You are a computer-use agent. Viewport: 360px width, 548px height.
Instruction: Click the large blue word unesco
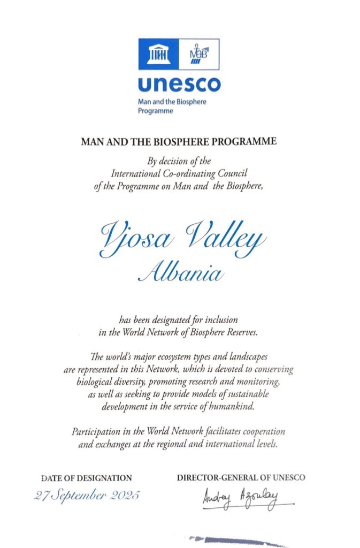(x=179, y=85)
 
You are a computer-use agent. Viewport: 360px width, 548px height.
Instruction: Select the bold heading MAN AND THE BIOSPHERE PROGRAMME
(x=179, y=142)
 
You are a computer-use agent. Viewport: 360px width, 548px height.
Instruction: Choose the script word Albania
(x=180, y=273)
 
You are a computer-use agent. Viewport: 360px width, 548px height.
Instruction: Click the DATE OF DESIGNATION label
(x=86, y=477)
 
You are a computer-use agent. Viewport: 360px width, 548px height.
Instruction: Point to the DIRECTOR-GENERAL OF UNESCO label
(x=241, y=477)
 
